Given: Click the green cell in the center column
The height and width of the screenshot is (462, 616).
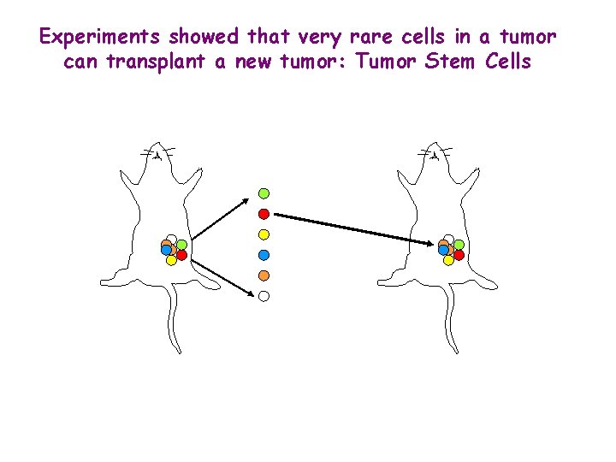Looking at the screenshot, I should click(264, 192).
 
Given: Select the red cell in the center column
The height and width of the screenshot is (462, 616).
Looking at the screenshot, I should click(264, 213).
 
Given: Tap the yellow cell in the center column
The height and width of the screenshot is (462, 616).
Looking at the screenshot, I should click(264, 234).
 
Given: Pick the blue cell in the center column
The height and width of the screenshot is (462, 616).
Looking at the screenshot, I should click(264, 254).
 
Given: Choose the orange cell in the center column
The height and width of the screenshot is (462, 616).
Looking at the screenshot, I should click(264, 275).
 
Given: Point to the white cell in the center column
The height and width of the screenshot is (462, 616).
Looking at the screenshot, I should click(264, 295).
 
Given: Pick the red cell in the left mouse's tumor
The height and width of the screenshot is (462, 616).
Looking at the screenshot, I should click(182, 254).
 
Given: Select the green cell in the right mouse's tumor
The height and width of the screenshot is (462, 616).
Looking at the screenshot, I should click(459, 245).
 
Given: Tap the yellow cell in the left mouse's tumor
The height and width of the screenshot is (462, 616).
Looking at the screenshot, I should click(171, 260).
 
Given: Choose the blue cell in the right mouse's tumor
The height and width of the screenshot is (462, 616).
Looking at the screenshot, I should click(443, 251).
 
